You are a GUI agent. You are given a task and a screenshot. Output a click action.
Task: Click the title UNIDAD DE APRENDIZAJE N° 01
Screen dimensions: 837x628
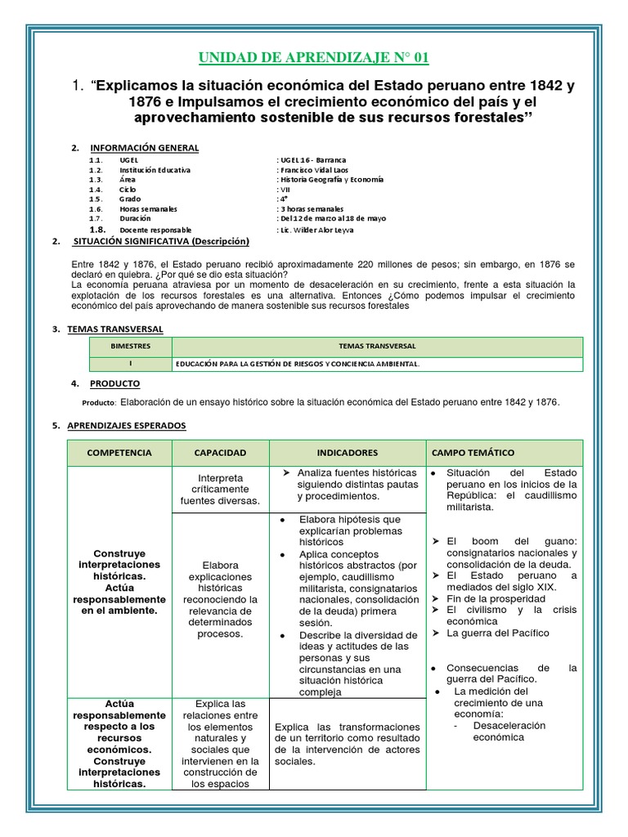(x=314, y=57)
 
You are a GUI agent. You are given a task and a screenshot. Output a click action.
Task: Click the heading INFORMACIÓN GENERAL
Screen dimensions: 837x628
(x=144, y=147)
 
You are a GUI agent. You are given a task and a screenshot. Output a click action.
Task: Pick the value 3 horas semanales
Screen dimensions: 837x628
(x=312, y=208)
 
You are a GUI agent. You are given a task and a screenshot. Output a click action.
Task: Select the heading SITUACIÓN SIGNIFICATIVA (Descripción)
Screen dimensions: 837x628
(x=161, y=242)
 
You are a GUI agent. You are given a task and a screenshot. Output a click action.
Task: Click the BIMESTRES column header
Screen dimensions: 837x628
(x=131, y=347)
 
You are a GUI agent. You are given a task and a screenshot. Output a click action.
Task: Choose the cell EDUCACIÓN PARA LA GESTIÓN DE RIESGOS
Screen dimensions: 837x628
(x=296, y=364)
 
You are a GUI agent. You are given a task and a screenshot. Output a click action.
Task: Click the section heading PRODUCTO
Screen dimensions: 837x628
(x=114, y=383)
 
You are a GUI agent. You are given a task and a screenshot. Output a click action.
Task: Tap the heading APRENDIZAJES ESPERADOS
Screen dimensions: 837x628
(x=126, y=425)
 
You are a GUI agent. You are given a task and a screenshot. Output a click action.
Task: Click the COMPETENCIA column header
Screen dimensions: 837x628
(x=119, y=452)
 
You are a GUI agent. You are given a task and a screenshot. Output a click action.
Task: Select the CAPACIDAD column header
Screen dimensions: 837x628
(x=221, y=452)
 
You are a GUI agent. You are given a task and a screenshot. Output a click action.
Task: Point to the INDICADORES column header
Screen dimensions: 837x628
(x=348, y=452)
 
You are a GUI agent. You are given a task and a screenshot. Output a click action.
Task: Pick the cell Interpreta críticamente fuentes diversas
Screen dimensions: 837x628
(x=220, y=489)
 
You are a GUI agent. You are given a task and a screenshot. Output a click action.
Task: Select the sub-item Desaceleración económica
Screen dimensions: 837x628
(x=509, y=732)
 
